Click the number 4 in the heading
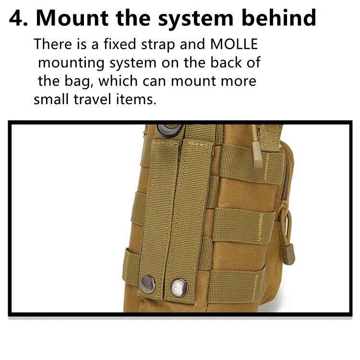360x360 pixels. tap(16, 18)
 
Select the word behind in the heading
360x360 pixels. tap(279, 18)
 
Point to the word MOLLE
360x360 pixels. tap(234, 44)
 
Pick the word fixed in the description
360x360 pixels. tap(120, 44)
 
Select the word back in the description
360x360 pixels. tap(226, 62)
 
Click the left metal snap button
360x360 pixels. tap(148, 285)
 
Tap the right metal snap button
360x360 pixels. tap(180, 288)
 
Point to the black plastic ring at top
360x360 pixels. tap(169, 131)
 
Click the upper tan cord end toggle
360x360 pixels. tap(257, 155)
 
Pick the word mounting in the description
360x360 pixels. tap(71, 63)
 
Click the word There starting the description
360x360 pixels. tap(53, 44)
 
